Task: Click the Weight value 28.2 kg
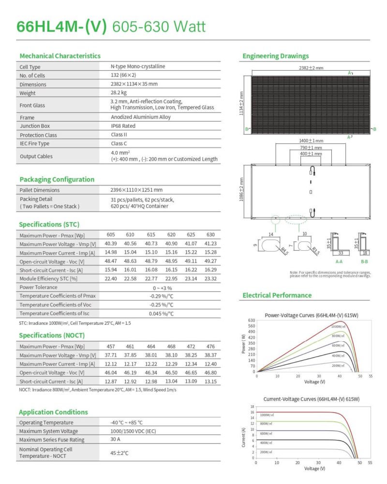click(119, 92)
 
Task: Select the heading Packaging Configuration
click(57, 180)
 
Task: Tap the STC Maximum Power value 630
click(210, 235)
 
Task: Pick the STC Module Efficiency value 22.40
click(111, 279)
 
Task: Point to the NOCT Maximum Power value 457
click(111, 346)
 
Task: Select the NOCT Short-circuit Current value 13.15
click(210, 381)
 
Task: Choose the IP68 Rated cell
click(123, 126)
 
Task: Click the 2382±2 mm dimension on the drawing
click(311, 68)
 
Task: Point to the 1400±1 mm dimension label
click(311, 141)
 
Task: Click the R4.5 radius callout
click(284, 251)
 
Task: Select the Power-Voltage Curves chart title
click(312, 315)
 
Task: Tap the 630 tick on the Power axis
click(251, 320)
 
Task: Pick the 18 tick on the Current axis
click(252, 407)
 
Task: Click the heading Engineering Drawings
click(275, 56)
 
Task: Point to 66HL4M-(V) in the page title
click(61, 26)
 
